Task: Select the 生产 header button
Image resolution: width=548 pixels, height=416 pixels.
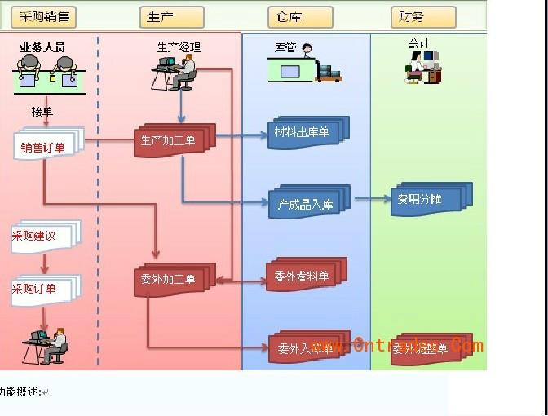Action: click(x=171, y=16)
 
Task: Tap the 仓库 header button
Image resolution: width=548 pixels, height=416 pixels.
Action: click(x=299, y=16)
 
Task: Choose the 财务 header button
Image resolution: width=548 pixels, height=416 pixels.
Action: click(x=422, y=16)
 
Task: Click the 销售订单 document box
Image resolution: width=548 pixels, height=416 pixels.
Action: click(x=46, y=146)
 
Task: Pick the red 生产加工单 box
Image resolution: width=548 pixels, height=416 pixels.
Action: click(x=170, y=140)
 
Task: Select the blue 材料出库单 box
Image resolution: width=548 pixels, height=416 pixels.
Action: click(x=303, y=133)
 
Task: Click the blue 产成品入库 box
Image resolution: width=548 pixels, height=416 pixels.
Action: click(x=306, y=203)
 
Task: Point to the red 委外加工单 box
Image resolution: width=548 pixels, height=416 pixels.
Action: click(x=170, y=280)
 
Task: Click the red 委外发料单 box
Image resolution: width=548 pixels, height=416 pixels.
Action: click(x=302, y=276)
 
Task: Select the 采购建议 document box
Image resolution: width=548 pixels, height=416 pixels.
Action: click(x=42, y=236)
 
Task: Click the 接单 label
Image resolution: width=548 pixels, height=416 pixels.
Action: click(x=42, y=112)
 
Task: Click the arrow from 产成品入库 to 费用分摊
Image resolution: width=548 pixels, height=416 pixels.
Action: click(x=371, y=198)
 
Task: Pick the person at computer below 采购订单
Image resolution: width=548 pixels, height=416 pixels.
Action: click(x=46, y=344)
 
